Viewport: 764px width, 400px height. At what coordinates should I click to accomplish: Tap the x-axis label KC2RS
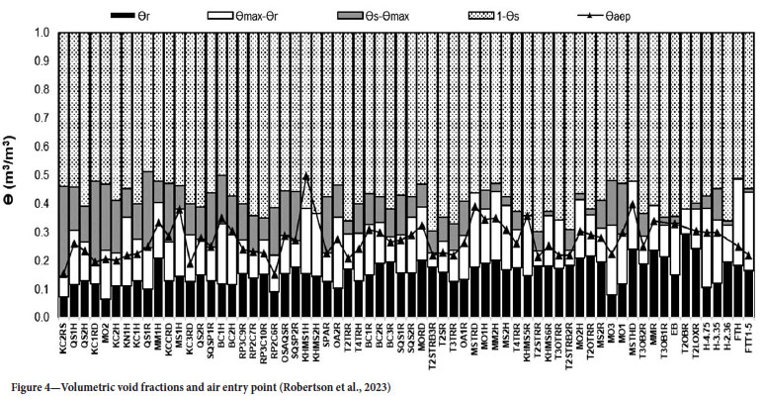tap(64, 338)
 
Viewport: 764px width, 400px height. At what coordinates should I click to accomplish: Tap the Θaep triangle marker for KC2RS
tap(64, 274)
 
